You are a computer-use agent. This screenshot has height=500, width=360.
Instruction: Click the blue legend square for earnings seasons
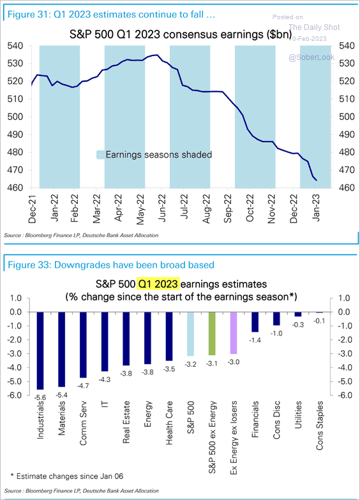[x=100, y=154]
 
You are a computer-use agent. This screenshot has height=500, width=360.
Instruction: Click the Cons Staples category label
[x=321, y=425]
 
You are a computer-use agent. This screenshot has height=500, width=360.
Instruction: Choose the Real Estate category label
[x=126, y=423]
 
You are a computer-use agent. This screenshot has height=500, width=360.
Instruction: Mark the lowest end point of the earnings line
[x=317, y=180]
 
